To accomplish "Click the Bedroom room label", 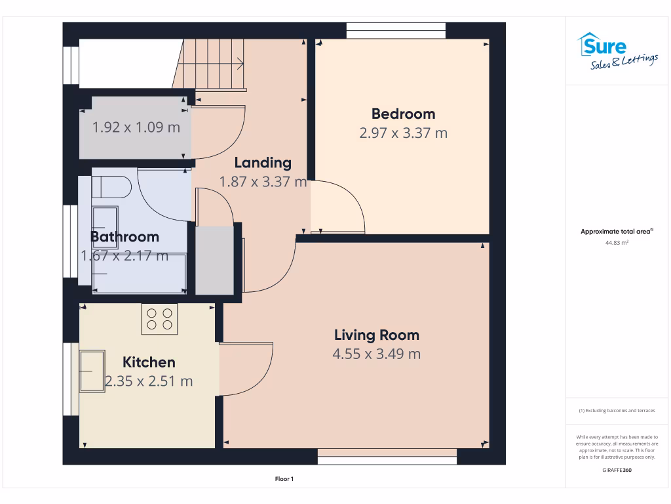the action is click(403, 114).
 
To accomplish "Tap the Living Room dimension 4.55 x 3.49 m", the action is click(377, 354).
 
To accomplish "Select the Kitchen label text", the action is click(149, 362).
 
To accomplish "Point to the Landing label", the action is click(263, 163).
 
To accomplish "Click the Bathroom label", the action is click(125, 236).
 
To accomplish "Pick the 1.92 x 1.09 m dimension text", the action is click(136, 127).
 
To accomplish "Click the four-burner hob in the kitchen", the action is click(159, 319).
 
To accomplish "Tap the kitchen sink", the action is click(92, 371).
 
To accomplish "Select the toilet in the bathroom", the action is click(111, 187).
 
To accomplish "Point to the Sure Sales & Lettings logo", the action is click(617, 51).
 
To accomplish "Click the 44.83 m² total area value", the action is click(617, 243).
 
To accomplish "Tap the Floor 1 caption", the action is click(284, 479).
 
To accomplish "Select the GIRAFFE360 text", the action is click(617, 470).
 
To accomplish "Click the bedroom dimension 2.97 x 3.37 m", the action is click(403, 133).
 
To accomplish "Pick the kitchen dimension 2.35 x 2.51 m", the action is click(149, 381).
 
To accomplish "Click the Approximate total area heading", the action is click(617, 232).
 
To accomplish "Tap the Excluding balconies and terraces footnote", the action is click(617, 411).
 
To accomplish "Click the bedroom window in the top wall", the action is click(396, 31).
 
